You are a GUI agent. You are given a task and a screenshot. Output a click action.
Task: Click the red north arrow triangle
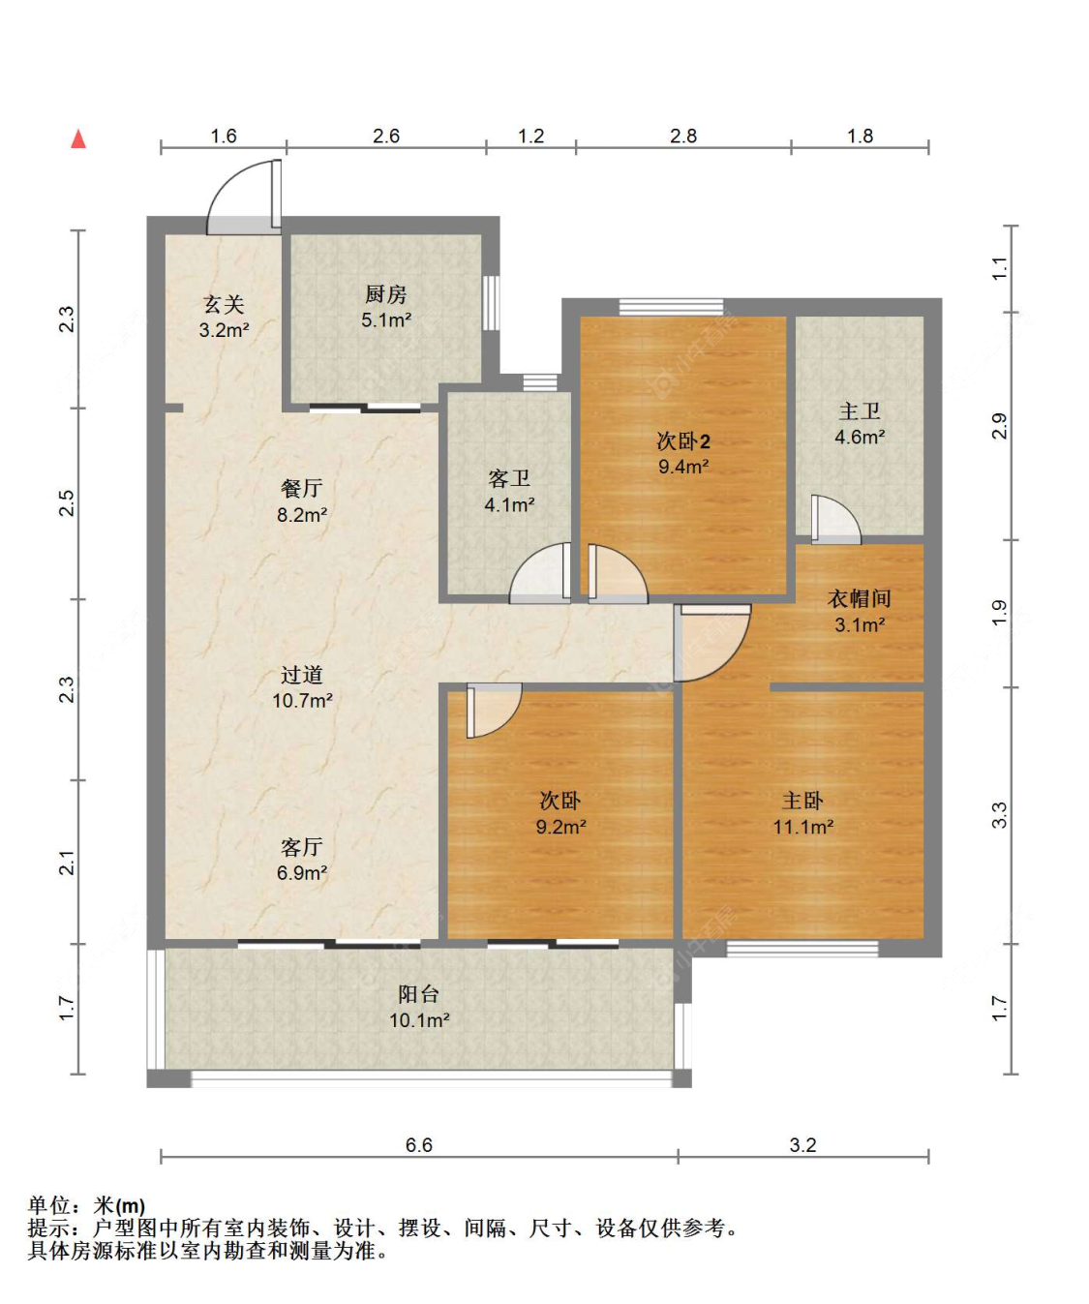(78, 138)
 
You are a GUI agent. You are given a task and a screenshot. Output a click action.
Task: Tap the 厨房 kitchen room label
(386, 294)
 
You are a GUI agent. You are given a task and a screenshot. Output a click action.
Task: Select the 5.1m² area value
(386, 320)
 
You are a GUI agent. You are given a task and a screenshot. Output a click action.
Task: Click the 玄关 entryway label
(224, 304)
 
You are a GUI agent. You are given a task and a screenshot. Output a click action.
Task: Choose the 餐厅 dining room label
(302, 488)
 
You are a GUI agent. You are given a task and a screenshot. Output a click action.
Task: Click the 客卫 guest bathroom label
(509, 479)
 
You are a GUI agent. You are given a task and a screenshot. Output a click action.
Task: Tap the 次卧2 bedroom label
(683, 441)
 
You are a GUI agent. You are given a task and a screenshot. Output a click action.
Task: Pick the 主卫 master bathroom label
(860, 411)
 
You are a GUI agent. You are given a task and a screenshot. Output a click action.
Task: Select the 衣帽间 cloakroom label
(860, 598)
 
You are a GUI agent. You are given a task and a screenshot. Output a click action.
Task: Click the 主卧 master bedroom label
(803, 801)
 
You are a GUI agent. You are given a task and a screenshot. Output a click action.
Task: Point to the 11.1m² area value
(803, 827)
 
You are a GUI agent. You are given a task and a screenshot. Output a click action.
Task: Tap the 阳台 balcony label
(419, 993)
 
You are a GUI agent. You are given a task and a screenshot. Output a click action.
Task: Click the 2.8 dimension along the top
(683, 136)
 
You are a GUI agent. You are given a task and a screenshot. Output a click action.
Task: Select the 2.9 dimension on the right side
(1000, 426)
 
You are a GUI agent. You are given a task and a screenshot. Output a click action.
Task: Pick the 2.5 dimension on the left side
(66, 503)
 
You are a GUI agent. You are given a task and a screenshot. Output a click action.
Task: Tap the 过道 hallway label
(302, 675)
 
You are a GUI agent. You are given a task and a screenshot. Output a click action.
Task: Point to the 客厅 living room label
(302, 847)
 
